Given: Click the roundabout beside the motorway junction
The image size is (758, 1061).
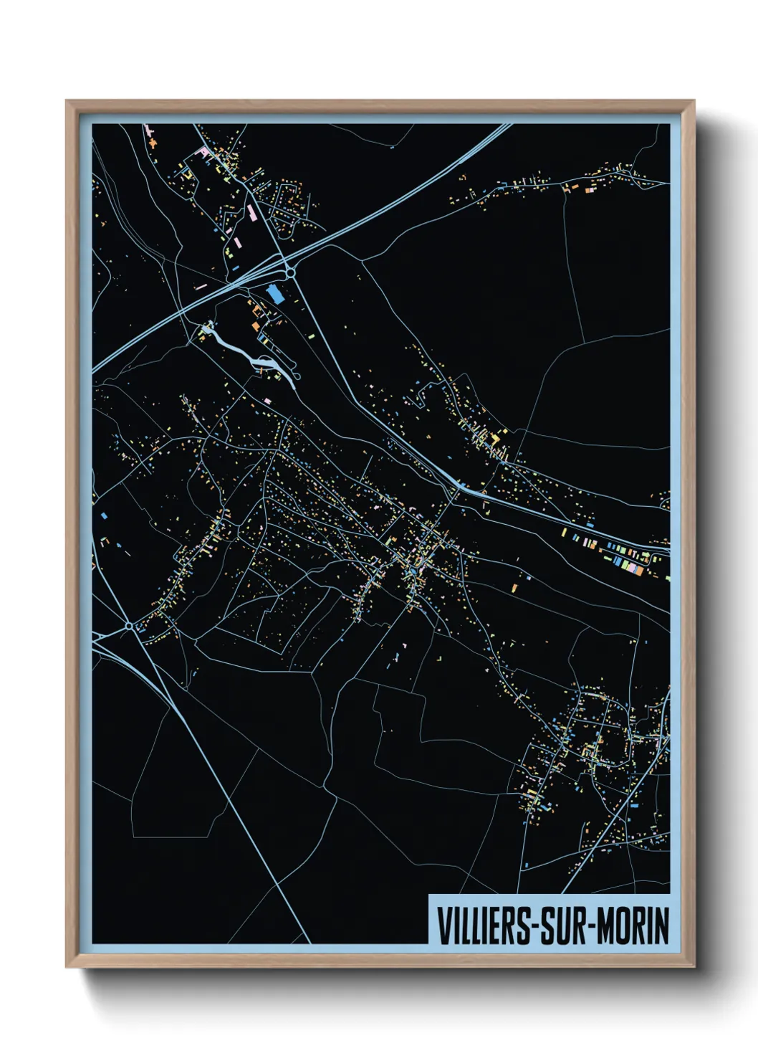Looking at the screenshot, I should (x=291, y=272).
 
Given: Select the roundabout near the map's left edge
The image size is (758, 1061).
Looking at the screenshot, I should (x=128, y=626).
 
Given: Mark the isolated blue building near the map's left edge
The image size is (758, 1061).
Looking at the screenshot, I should (x=105, y=515).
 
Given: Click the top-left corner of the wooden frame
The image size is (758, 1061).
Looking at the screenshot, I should (x=67, y=102).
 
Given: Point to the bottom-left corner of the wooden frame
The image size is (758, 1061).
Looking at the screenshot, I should (x=67, y=966).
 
